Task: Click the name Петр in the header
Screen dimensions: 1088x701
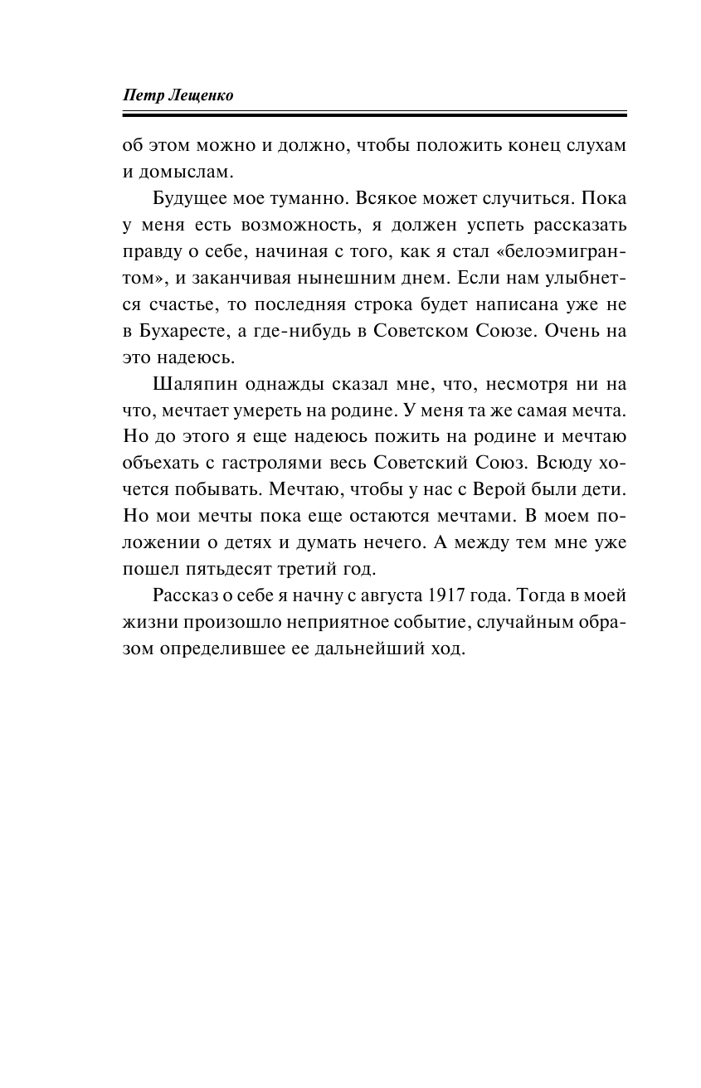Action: [142, 95]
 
